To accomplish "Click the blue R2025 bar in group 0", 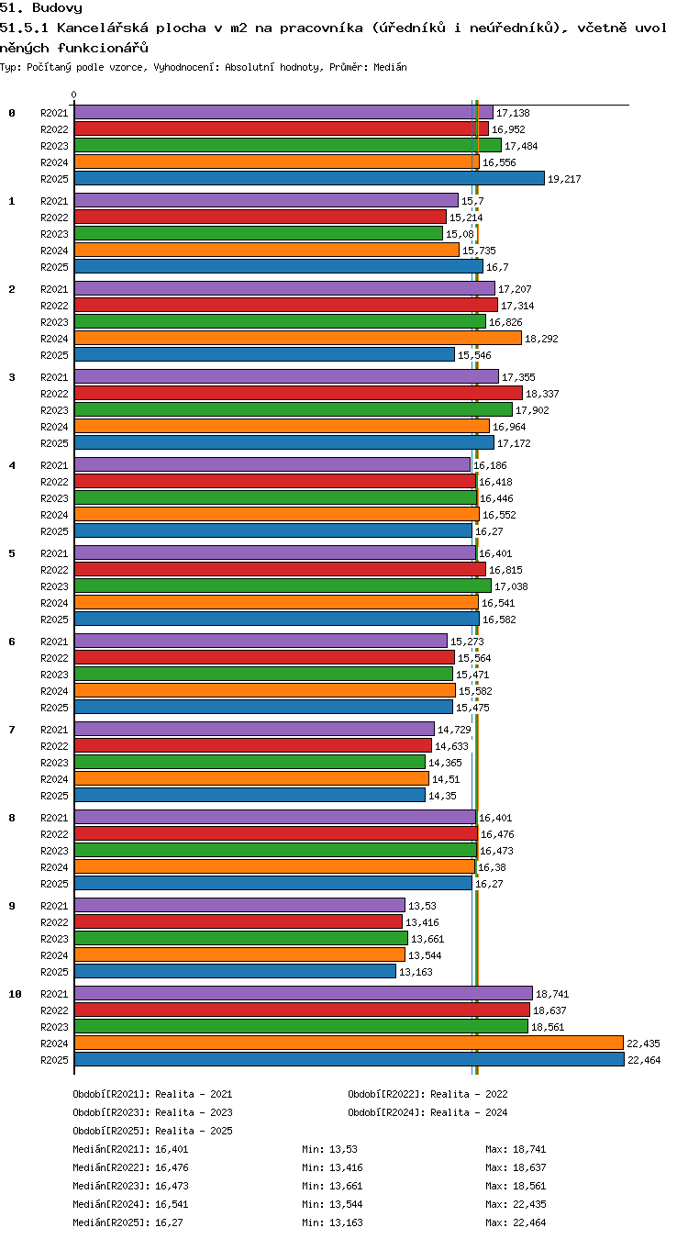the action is click(309, 178).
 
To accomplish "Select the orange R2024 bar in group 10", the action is click(349, 1043).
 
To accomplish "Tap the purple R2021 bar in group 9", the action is click(239, 905).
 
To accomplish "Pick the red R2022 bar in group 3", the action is click(298, 393).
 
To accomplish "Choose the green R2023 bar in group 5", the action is click(283, 586).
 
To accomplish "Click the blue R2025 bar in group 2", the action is click(264, 354).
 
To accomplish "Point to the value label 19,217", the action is click(564, 179).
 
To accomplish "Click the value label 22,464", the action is click(644, 1060).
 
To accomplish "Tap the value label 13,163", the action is click(416, 972).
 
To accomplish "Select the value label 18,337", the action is click(542, 394).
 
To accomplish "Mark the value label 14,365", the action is click(445, 763).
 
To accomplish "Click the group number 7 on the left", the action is click(12, 730).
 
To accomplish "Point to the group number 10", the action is click(15, 994).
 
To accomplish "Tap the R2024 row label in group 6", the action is click(54, 691).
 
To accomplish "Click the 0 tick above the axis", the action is click(74, 95).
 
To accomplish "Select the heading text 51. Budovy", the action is click(41, 7).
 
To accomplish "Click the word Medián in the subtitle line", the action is click(390, 67).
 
